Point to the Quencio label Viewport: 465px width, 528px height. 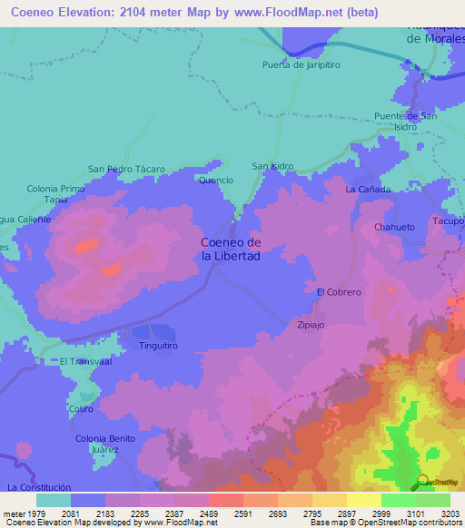click(x=216, y=181)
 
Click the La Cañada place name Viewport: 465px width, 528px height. click(x=368, y=190)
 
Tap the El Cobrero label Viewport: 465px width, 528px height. click(x=339, y=292)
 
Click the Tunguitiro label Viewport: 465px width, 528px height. click(x=157, y=346)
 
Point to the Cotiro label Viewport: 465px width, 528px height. click(x=81, y=408)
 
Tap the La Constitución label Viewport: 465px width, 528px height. click(x=38, y=487)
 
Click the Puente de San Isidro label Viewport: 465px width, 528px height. click(x=406, y=122)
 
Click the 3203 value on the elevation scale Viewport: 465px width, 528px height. click(x=450, y=513)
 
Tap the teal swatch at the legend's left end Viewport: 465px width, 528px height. click(x=53, y=500)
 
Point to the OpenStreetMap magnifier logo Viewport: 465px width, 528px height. click(x=421, y=482)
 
